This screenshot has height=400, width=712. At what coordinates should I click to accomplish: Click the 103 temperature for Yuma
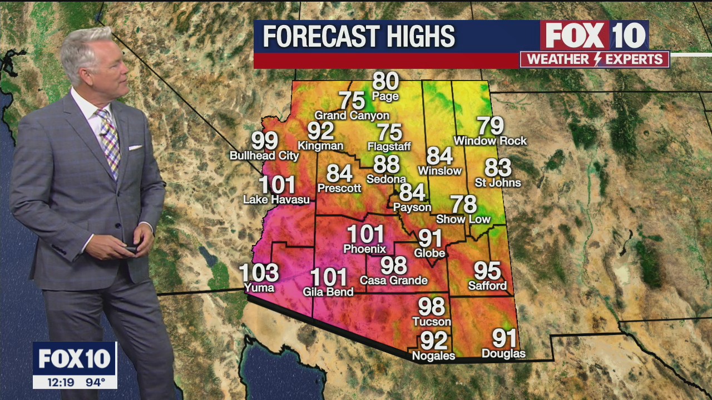click(x=259, y=273)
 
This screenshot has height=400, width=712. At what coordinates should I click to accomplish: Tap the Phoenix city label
click(x=365, y=248)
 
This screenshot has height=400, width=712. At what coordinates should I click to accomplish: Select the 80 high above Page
click(x=385, y=82)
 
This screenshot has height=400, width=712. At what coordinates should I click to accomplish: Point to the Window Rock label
click(x=490, y=141)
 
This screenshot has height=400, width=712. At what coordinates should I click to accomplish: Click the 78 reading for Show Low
click(x=463, y=204)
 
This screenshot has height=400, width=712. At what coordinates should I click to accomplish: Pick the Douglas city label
click(x=503, y=353)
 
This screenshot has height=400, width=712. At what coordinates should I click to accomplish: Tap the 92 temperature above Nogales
click(x=434, y=340)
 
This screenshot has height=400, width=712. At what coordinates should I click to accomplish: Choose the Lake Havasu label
click(x=276, y=199)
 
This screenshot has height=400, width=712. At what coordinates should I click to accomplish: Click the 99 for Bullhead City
click(x=265, y=141)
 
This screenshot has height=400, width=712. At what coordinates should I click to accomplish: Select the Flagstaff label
click(x=389, y=147)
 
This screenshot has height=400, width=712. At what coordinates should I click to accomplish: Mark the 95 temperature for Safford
click(x=487, y=271)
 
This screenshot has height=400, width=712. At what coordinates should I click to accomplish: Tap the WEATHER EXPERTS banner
click(x=595, y=59)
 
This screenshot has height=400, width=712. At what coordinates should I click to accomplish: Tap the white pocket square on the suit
click(x=136, y=147)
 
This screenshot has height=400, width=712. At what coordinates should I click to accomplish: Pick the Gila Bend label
click(x=328, y=292)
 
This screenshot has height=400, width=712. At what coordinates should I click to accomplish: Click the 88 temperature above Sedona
click(x=387, y=164)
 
